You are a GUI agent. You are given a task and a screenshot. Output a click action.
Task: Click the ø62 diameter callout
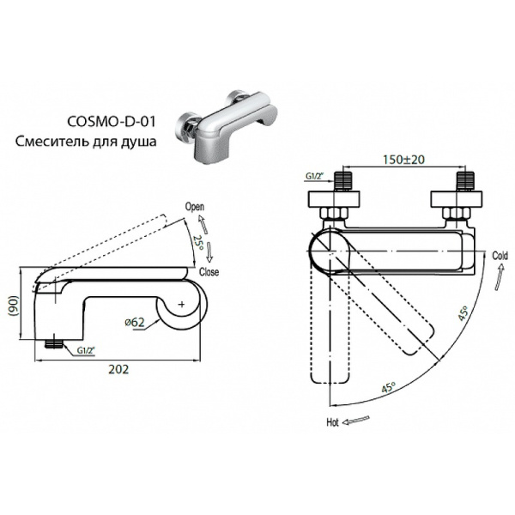[135, 322]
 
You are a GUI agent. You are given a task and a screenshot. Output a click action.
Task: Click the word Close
[209, 272]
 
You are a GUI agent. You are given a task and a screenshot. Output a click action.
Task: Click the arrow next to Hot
[359, 421]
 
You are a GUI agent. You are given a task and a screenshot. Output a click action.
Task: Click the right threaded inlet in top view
[466, 181]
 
